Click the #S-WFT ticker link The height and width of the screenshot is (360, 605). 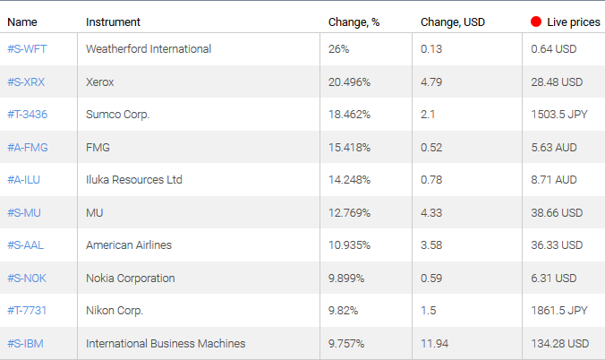click(26, 49)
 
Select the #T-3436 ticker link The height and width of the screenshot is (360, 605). click(27, 115)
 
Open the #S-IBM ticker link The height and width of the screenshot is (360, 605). click(25, 343)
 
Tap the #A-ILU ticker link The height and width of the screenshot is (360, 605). click(24, 180)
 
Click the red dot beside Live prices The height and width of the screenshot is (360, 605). click(536, 21)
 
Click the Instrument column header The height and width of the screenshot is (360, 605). click(113, 21)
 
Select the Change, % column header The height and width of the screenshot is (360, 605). click(354, 21)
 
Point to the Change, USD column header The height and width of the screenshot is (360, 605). click(452, 21)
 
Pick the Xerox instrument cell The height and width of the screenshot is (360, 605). click(100, 81)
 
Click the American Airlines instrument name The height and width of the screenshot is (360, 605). click(129, 245)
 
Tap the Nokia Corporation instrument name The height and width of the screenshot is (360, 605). click(131, 278)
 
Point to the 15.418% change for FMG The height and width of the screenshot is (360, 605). click(349, 147)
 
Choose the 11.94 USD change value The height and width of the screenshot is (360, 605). click(435, 343)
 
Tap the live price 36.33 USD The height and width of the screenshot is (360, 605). click(556, 245)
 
